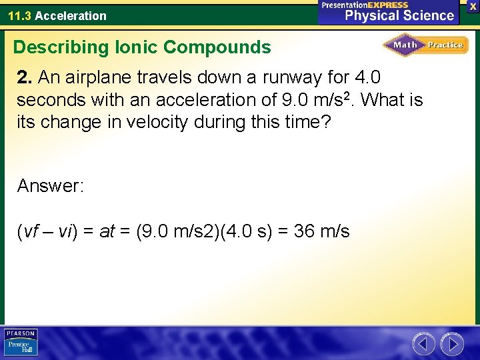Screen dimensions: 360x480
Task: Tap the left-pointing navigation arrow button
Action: tap(423, 344)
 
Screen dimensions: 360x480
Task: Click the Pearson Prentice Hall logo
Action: tap(21, 343)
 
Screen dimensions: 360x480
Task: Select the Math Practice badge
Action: tap(425, 45)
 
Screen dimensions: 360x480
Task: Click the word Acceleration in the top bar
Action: tap(71, 15)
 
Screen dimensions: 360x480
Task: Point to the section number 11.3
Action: tap(19, 15)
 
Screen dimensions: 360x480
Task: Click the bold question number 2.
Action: tap(25, 78)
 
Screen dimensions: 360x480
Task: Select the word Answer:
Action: tap(51, 186)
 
